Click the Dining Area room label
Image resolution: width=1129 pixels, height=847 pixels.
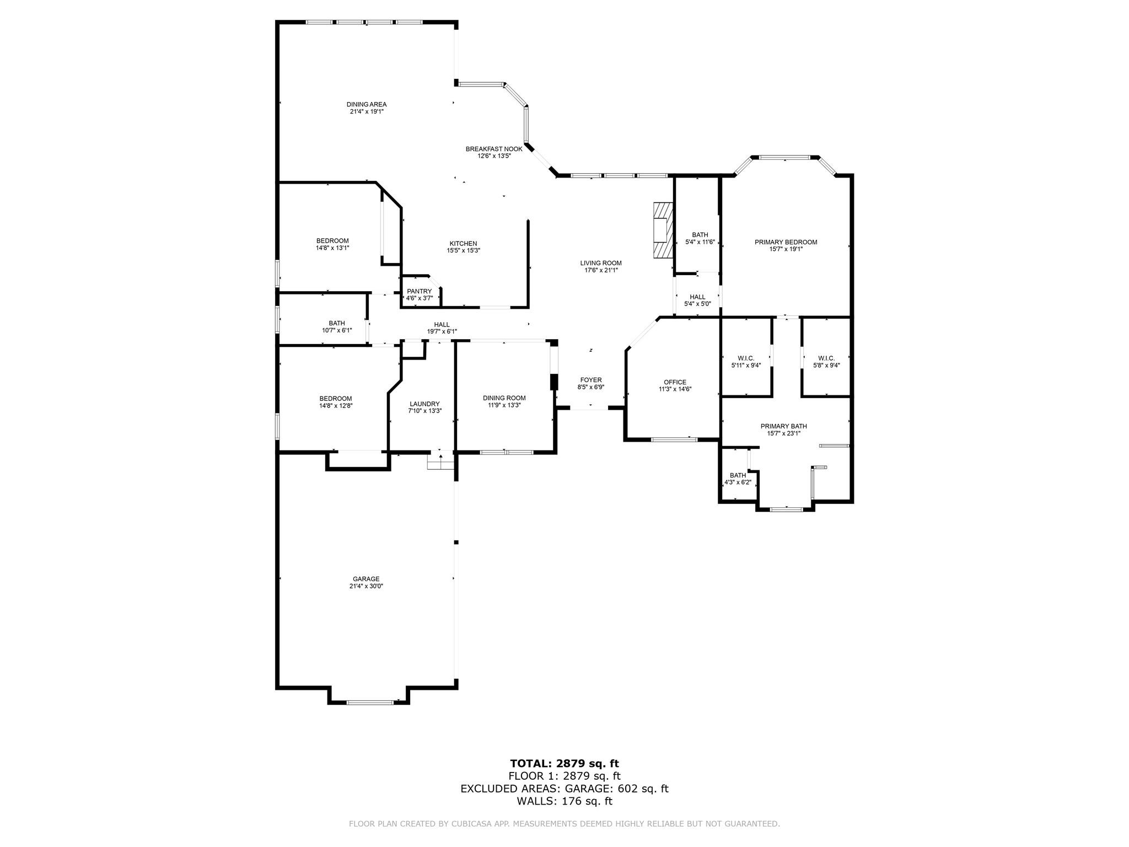point(367,104)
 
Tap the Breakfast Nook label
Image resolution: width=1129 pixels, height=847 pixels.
point(494,149)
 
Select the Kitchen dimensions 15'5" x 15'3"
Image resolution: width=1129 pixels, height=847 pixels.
point(463,250)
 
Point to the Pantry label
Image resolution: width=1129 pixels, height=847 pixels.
point(419,291)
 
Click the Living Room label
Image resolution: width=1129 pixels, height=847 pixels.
point(601,263)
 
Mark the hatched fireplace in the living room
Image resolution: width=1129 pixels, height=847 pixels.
point(663,230)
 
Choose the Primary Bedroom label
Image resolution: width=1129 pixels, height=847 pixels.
point(786,242)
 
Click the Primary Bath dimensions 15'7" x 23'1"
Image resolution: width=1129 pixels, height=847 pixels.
point(783,433)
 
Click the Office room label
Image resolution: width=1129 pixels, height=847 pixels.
point(675,382)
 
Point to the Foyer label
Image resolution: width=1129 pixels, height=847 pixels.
point(590,380)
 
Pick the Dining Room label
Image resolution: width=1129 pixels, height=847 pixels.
point(504,398)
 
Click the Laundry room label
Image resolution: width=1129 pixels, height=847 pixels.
point(424,404)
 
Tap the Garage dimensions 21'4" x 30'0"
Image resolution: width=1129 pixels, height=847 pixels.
point(366,586)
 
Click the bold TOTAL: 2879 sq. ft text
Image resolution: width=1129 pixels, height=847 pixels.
point(564,763)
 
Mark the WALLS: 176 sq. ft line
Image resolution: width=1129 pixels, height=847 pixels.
point(564,801)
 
